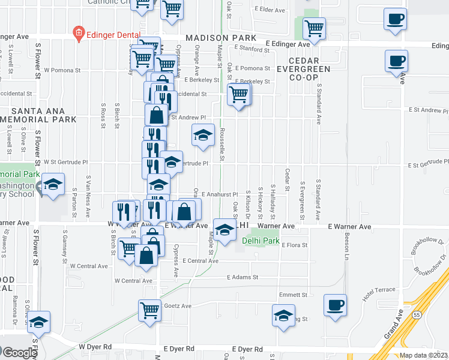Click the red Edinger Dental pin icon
pyautogui.click(x=78, y=34)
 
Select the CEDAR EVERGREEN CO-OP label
pyautogui.click(x=309, y=69)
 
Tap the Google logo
pyautogui.click(x=19, y=352)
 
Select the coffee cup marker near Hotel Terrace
pyautogui.click(x=335, y=305)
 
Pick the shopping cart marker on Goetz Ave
pyautogui.click(x=150, y=310)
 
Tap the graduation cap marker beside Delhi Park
pyautogui.click(x=224, y=230)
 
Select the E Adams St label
pyautogui.click(x=242, y=277)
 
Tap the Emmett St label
pyautogui.click(x=294, y=295)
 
